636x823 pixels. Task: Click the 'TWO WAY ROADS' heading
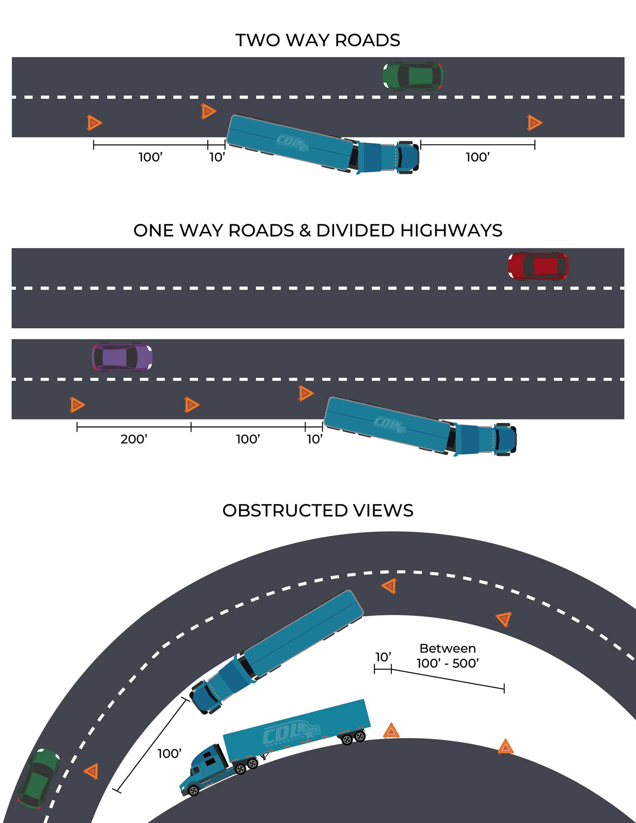coord(318,40)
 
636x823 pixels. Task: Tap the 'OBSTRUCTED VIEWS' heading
coord(318,511)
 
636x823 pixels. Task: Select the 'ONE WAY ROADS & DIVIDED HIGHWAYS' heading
coord(318,231)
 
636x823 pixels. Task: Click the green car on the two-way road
coord(412,77)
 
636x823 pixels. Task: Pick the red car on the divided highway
coord(538,266)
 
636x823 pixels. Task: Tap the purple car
coord(122,357)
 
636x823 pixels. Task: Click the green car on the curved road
coord(38,778)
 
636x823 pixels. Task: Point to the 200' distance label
coord(134,439)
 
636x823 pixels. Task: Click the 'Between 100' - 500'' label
coord(448,656)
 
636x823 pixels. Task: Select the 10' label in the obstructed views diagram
coord(383,657)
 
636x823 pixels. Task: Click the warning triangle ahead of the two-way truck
coord(534,123)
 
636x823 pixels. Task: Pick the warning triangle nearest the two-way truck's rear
coord(208,111)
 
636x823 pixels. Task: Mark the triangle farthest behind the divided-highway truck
coord(77,405)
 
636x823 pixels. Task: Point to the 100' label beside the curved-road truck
coord(169,754)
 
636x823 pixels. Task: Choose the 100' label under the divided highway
coord(248,439)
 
